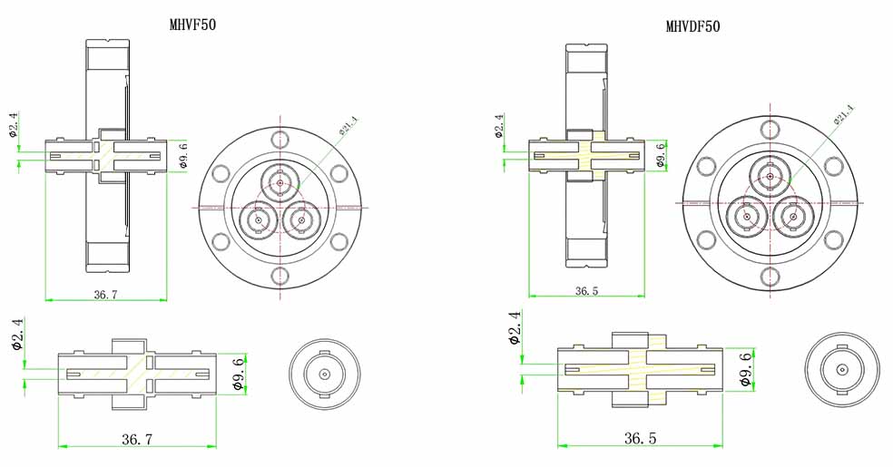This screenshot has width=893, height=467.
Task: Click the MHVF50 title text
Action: [x=193, y=24]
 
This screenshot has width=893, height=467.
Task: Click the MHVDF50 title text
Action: [x=693, y=26]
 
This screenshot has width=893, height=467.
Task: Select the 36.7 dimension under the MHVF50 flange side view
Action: [x=105, y=294]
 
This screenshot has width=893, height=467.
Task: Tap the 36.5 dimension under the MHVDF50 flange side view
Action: [x=586, y=291]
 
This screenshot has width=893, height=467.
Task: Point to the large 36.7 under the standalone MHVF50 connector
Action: [x=137, y=439]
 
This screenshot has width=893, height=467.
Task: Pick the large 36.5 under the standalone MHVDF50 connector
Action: [x=640, y=438]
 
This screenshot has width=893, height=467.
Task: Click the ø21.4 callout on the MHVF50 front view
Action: [x=348, y=125]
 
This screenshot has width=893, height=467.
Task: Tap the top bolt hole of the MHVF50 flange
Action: [x=280, y=139]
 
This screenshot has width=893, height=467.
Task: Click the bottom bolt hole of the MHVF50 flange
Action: [x=280, y=276]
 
